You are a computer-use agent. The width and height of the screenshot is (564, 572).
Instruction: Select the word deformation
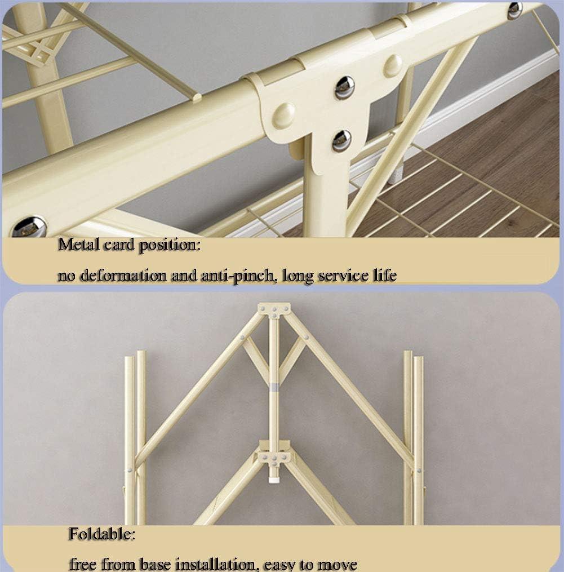coord(123,275)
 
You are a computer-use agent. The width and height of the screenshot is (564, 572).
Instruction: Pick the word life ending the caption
coord(384,274)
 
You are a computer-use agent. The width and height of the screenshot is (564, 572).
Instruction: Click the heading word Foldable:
coord(102,534)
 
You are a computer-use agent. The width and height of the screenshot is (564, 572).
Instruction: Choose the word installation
coord(215,564)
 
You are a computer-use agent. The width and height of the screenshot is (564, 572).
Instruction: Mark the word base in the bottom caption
coord(156,564)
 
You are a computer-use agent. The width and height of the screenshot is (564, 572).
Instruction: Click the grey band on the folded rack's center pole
coord(274,387)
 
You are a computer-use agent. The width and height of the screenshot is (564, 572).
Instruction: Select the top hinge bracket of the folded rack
coord(274,309)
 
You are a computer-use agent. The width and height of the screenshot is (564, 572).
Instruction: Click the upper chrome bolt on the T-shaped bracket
coord(344,87)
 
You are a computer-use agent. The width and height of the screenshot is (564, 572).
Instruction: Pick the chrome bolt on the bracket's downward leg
coord(341,141)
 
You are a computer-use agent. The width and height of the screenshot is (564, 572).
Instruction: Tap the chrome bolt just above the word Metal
coord(29,227)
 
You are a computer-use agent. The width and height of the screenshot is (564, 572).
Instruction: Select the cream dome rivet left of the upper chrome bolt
coord(284,115)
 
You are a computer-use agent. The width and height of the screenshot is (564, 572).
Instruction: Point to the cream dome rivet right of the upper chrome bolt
coord(393,66)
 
